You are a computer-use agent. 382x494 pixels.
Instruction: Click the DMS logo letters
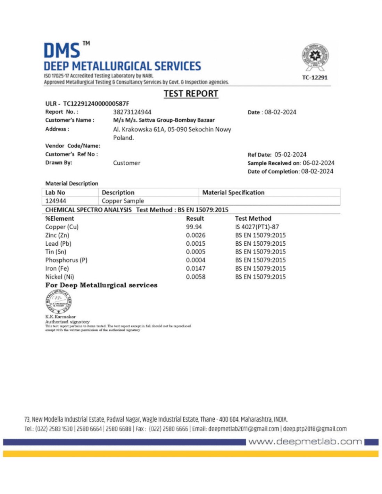click(x=62, y=51)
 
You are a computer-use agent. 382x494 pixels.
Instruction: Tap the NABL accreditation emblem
click(x=315, y=57)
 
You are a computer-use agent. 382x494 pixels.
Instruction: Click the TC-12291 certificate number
click(x=315, y=77)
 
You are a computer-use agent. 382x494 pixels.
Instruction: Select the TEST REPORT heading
click(x=191, y=94)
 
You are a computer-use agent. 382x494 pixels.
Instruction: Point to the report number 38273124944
click(x=132, y=112)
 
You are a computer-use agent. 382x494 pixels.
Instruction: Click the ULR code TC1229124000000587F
click(x=96, y=104)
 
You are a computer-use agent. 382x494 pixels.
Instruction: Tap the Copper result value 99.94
click(x=194, y=227)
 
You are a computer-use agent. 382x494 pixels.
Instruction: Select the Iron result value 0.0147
click(x=196, y=269)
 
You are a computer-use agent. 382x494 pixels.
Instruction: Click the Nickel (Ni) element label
click(x=59, y=277)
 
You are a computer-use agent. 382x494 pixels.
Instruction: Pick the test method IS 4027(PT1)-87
click(x=257, y=227)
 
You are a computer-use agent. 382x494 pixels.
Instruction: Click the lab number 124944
click(x=56, y=201)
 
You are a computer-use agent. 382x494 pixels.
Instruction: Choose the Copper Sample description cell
click(x=123, y=201)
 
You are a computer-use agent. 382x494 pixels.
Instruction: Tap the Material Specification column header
click(x=233, y=192)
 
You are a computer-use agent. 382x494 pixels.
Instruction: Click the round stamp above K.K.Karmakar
click(x=59, y=301)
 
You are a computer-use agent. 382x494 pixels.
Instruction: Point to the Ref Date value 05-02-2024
click(x=290, y=155)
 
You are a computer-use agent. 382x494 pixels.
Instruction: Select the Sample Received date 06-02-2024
click(x=318, y=163)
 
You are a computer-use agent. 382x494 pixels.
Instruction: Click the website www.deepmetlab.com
click(x=305, y=442)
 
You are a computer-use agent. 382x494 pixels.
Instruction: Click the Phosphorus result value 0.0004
click(x=196, y=260)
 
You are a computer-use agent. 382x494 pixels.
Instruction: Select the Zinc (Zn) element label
click(x=57, y=235)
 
